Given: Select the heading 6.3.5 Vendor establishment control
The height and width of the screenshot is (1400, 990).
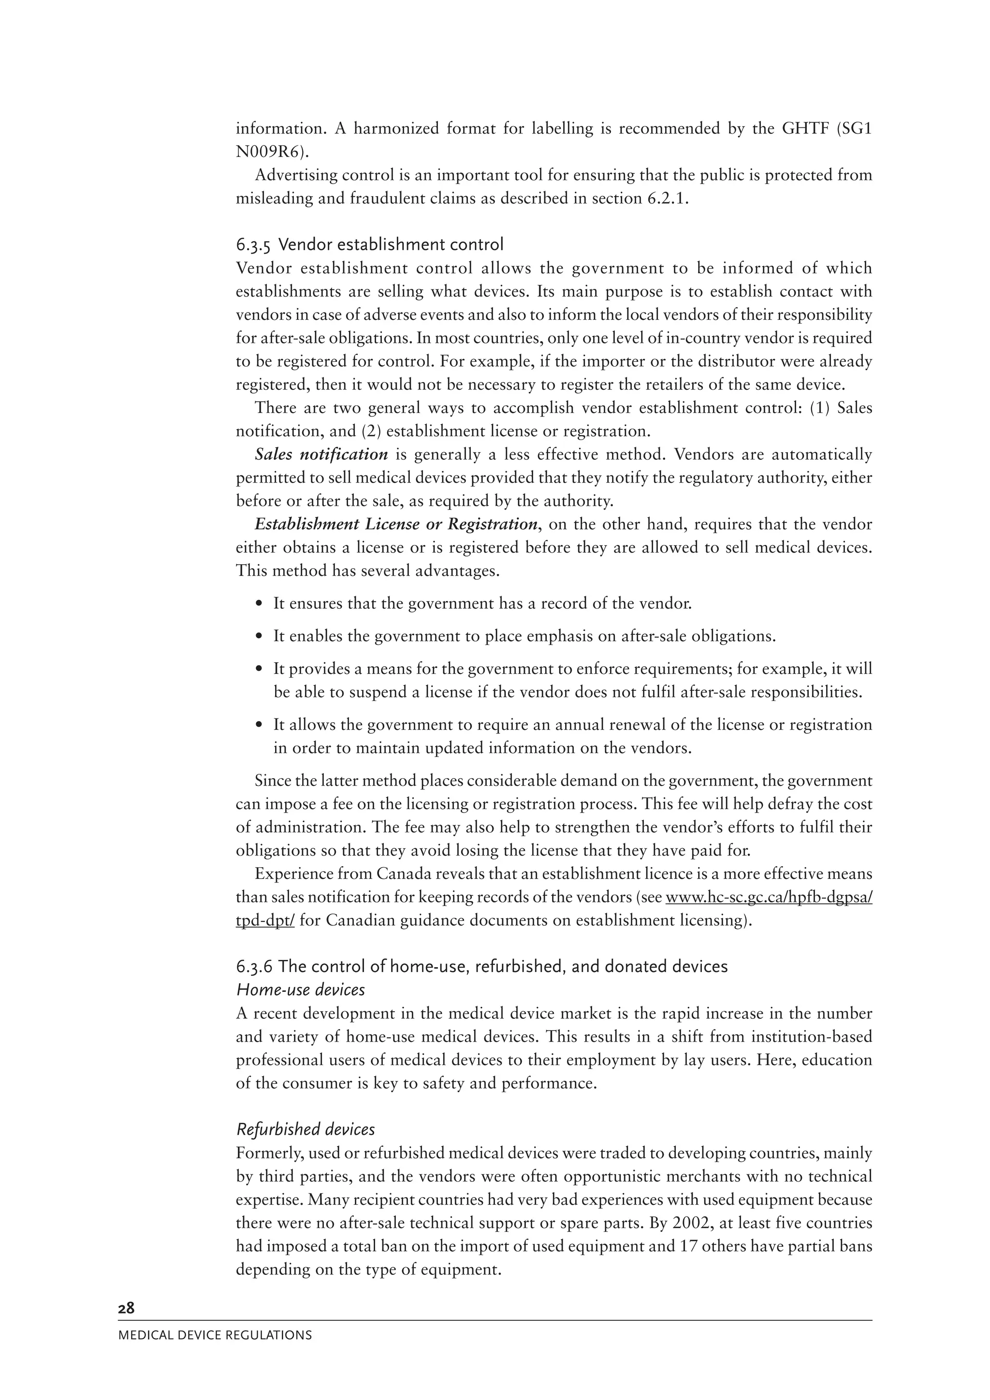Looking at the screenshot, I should pyautogui.click(x=370, y=245).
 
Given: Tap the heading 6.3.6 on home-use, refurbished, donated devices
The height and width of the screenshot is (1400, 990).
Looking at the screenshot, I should pyautogui.click(x=482, y=967).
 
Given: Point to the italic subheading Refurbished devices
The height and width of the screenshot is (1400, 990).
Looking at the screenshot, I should pyautogui.click(x=305, y=1129).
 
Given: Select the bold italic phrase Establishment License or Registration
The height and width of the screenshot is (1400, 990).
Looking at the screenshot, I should pyautogui.click(x=396, y=524).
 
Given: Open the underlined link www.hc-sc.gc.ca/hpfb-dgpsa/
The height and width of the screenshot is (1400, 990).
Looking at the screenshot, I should pyautogui.click(x=769, y=898).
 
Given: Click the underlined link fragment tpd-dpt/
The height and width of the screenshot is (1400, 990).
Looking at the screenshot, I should pyautogui.click(x=265, y=921).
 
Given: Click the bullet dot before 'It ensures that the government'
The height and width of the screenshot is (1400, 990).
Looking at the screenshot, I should pyautogui.click(x=260, y=604).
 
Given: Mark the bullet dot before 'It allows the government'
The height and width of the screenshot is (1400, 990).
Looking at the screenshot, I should pyautogui.click(x=260, y=725).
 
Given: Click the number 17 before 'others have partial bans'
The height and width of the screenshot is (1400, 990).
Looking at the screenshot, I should pyautogui.click(x=687, y=1246).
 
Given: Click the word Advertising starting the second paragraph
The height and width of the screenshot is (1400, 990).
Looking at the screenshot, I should pyautogui.click(x=295, y=176).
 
